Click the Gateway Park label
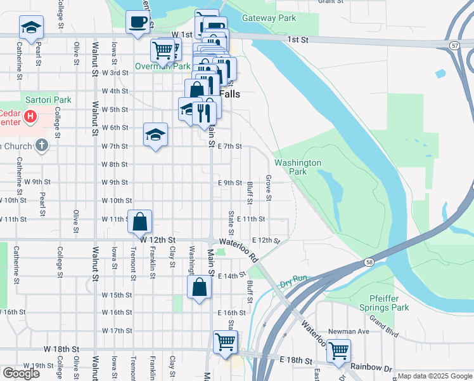[269, 18]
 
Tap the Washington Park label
[298, 167]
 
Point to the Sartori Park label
[48, 100]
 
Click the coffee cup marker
[138, 23]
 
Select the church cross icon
[42, 145]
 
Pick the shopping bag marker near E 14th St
[200, 287]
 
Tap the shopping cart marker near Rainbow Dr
[338, 350]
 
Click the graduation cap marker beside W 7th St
[155, 135]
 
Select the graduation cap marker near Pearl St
[30, 27]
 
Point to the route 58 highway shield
[369, 262]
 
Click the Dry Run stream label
[293, 279]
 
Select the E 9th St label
[229, 183]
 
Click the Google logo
[21, 373]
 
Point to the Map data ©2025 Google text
[435, 376]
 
